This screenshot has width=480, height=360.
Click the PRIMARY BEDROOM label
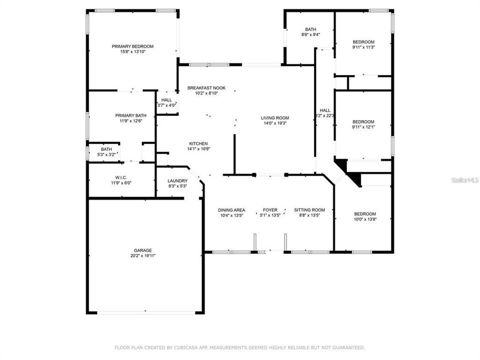[132, 46]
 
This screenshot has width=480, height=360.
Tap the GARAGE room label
[142, 250]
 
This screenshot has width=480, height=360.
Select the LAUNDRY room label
[177, 181]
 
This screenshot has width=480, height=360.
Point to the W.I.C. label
[121, 177]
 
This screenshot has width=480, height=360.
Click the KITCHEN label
[198, 143]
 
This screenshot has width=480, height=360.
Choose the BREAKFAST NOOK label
[206, 88]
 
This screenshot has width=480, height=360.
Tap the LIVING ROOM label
[275, 118]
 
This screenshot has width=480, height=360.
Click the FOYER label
[270, 210]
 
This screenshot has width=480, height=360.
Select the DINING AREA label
[231, 210]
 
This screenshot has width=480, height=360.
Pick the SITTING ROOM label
[309, 210]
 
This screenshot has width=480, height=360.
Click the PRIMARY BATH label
[130, 115]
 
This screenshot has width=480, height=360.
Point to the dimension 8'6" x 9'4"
[310, 34]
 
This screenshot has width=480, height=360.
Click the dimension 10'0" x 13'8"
[365, 219]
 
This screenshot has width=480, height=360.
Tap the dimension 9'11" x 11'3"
[363, 47]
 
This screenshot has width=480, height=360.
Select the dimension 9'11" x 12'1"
[363, 126]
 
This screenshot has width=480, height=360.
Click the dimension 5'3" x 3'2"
[106, 154]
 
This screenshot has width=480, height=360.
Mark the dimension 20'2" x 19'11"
[143, 255]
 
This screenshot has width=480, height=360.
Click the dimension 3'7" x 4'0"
[166, 105]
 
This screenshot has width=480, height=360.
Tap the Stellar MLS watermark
[465, 180]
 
